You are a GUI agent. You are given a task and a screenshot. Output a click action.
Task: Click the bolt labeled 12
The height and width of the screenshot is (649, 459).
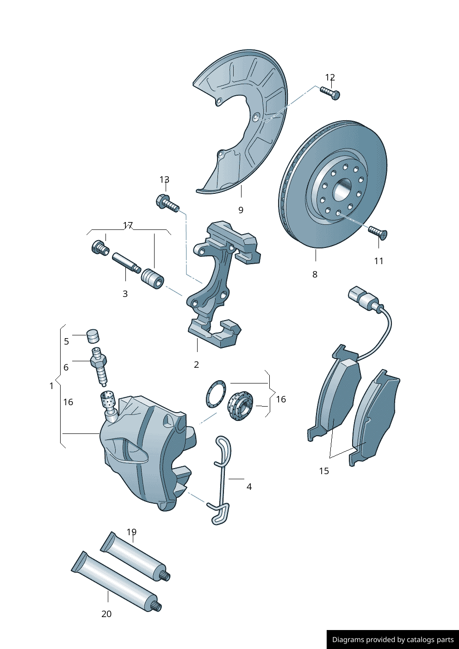330,93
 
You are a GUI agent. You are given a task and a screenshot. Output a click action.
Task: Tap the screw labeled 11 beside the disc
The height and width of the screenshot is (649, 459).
378,232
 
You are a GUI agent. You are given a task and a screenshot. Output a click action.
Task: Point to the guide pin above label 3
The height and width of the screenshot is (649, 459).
125,263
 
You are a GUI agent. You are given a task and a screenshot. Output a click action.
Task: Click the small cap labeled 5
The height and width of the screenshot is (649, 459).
93,336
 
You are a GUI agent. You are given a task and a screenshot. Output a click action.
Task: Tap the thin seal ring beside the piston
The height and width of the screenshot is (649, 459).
216,394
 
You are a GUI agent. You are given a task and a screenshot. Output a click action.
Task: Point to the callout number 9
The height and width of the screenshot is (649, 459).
241,210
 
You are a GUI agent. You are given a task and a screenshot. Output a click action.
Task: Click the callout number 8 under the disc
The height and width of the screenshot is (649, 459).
315,274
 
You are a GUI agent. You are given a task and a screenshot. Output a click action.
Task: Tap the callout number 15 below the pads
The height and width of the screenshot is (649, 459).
324,471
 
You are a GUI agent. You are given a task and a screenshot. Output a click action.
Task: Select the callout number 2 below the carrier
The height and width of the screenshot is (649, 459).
196,365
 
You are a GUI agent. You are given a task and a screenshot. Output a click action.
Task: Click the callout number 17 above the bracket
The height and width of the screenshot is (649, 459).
128,225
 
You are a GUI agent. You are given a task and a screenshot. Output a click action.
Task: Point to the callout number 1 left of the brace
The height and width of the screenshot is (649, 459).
51,386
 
